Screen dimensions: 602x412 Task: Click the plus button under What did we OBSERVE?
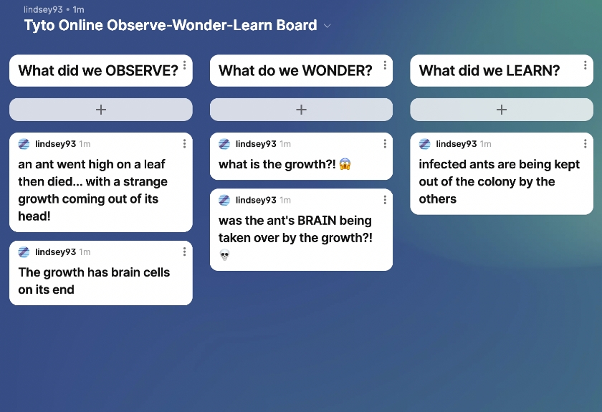coord(101,110)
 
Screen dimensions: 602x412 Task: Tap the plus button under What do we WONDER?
coord(302,110)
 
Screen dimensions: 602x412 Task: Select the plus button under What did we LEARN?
coord(502,110)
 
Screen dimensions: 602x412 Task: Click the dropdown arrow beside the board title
coord(328,26)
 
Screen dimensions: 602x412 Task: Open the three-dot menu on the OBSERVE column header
coord(185,65)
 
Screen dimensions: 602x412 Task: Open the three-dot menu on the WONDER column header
coord(385,65)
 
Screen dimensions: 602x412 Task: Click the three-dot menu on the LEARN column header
coord(585,65)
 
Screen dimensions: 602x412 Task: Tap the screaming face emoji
coord(345,164)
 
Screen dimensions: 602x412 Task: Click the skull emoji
coord(224,254)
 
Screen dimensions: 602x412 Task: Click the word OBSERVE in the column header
coord(142,71)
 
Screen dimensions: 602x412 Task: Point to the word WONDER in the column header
coord(338,71)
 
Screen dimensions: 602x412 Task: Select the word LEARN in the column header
coord(533,71)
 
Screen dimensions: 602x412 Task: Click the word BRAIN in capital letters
coord(317,221)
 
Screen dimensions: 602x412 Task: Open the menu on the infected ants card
coord(585,143)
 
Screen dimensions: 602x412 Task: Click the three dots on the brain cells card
coord(185,251)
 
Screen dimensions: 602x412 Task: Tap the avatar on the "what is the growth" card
coord(224,144)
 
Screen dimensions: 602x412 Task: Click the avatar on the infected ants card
coord(424,144)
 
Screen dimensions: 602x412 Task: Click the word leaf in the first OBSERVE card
coord(155,164)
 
